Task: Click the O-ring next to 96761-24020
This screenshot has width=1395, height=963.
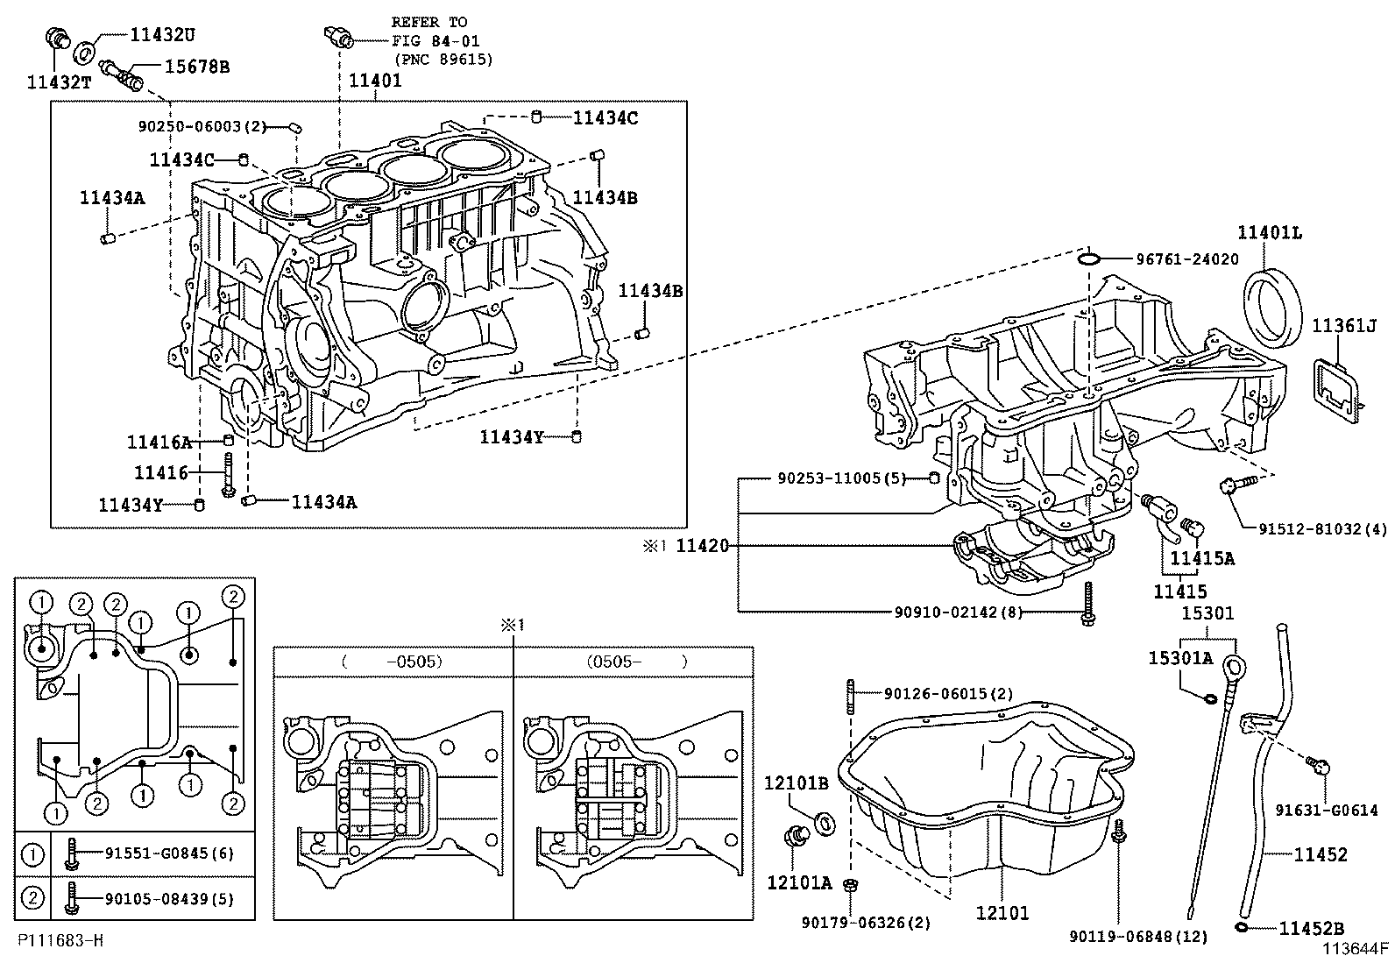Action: coord(1088,258)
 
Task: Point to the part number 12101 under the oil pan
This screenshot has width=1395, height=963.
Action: coord(1002,913)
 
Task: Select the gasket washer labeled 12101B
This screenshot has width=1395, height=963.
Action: coord(825,824)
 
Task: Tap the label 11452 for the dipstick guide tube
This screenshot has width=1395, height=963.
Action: coord(1321,854)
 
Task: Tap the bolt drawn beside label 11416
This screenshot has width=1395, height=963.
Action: coord(228,473)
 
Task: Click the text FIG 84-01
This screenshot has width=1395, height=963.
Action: coord(435,40)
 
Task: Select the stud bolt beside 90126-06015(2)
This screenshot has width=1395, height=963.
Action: coord(850,697)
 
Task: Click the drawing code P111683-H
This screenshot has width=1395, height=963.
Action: coord(60,940)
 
